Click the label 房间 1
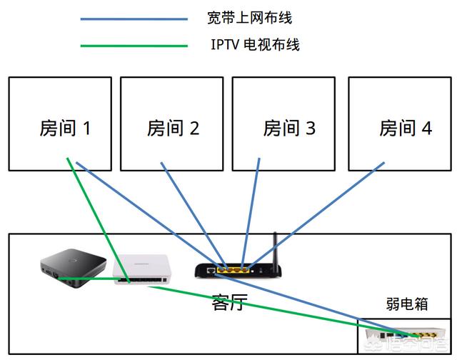point(64,129)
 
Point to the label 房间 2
point(173,129)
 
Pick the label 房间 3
point(288,129)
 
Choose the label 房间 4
point(405,129)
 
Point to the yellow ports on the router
point(233,271)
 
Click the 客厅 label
point(228,302)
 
